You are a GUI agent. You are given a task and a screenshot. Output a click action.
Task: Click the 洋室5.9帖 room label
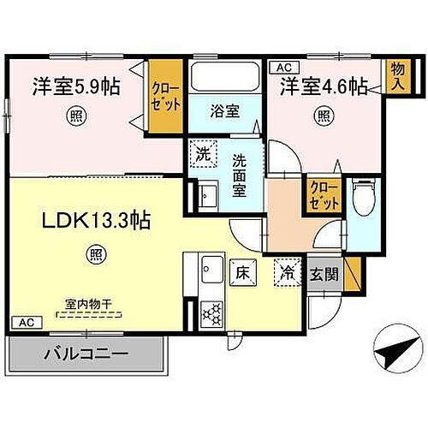pos(76,86)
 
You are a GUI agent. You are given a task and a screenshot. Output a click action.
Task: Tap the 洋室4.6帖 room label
pos(323,87)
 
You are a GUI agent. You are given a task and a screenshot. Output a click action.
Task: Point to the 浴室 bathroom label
pos(224,110)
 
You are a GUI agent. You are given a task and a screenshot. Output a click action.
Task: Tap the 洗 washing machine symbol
pos(202,155)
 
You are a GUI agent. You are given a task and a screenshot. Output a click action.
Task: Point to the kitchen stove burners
pos(211,312)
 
